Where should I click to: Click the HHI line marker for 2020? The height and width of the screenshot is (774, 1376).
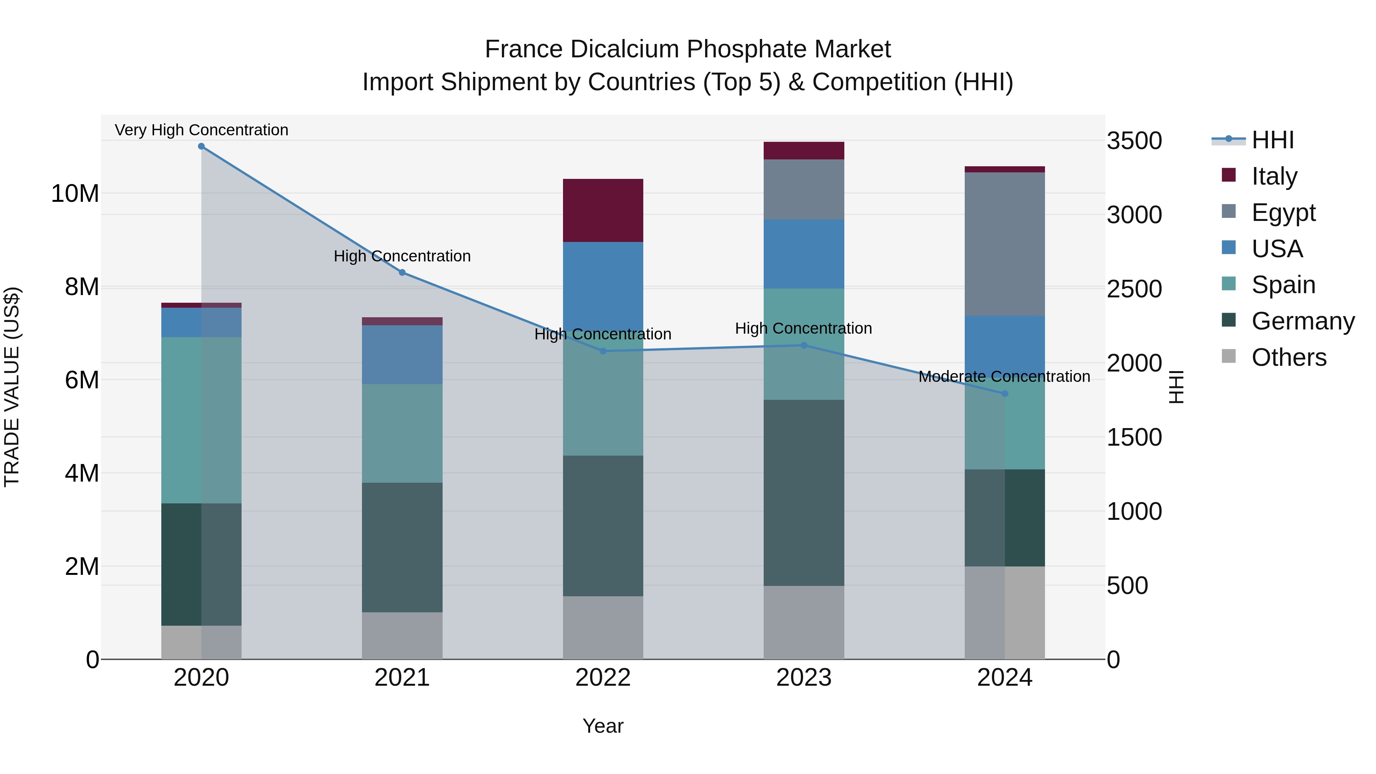point(201,146)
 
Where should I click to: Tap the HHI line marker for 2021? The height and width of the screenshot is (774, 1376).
point(402,273)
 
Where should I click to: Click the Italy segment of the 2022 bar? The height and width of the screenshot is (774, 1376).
point(603,211)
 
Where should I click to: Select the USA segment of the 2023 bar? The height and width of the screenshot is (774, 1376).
point(804,254)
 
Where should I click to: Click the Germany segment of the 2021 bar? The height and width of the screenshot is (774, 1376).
point(402,547)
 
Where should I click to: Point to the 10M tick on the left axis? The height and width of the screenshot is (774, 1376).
point(75,193)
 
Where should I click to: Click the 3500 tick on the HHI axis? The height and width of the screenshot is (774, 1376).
point(1134,141)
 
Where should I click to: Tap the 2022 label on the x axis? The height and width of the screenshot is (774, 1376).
point(603,678)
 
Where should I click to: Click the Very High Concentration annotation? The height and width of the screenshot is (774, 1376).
point(201,130)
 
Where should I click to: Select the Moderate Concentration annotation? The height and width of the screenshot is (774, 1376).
point(1004,376)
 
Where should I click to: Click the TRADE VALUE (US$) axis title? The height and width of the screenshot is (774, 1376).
point(12,387)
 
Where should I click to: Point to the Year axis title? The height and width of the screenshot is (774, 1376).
point(603,726)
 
